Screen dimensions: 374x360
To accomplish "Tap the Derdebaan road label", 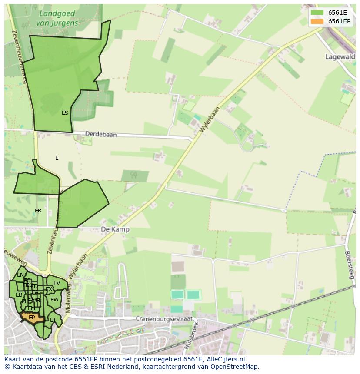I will click(x=101, y=135).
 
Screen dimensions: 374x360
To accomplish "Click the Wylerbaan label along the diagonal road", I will click(x=210, y=120).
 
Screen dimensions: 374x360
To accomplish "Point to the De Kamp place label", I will click(x=115, y=229).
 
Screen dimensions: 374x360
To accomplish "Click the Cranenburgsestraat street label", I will click(x=163, y=318).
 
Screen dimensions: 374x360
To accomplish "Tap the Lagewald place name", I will click(x=340, y=56).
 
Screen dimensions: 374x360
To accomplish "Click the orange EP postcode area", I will click(x=32, y=318).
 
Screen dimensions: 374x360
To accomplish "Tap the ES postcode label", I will click(x=65, y=113).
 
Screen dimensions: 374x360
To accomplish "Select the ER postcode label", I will click(x=38, y=211).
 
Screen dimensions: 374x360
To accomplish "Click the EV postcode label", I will click(x=57, y=283).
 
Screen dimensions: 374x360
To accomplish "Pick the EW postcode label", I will click(x=54, y=300).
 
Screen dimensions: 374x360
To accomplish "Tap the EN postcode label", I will click(x=20, y=275).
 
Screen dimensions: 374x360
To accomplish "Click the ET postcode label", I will click(x=53, y=320).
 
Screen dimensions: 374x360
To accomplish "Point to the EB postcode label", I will click(x=19, y=295).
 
